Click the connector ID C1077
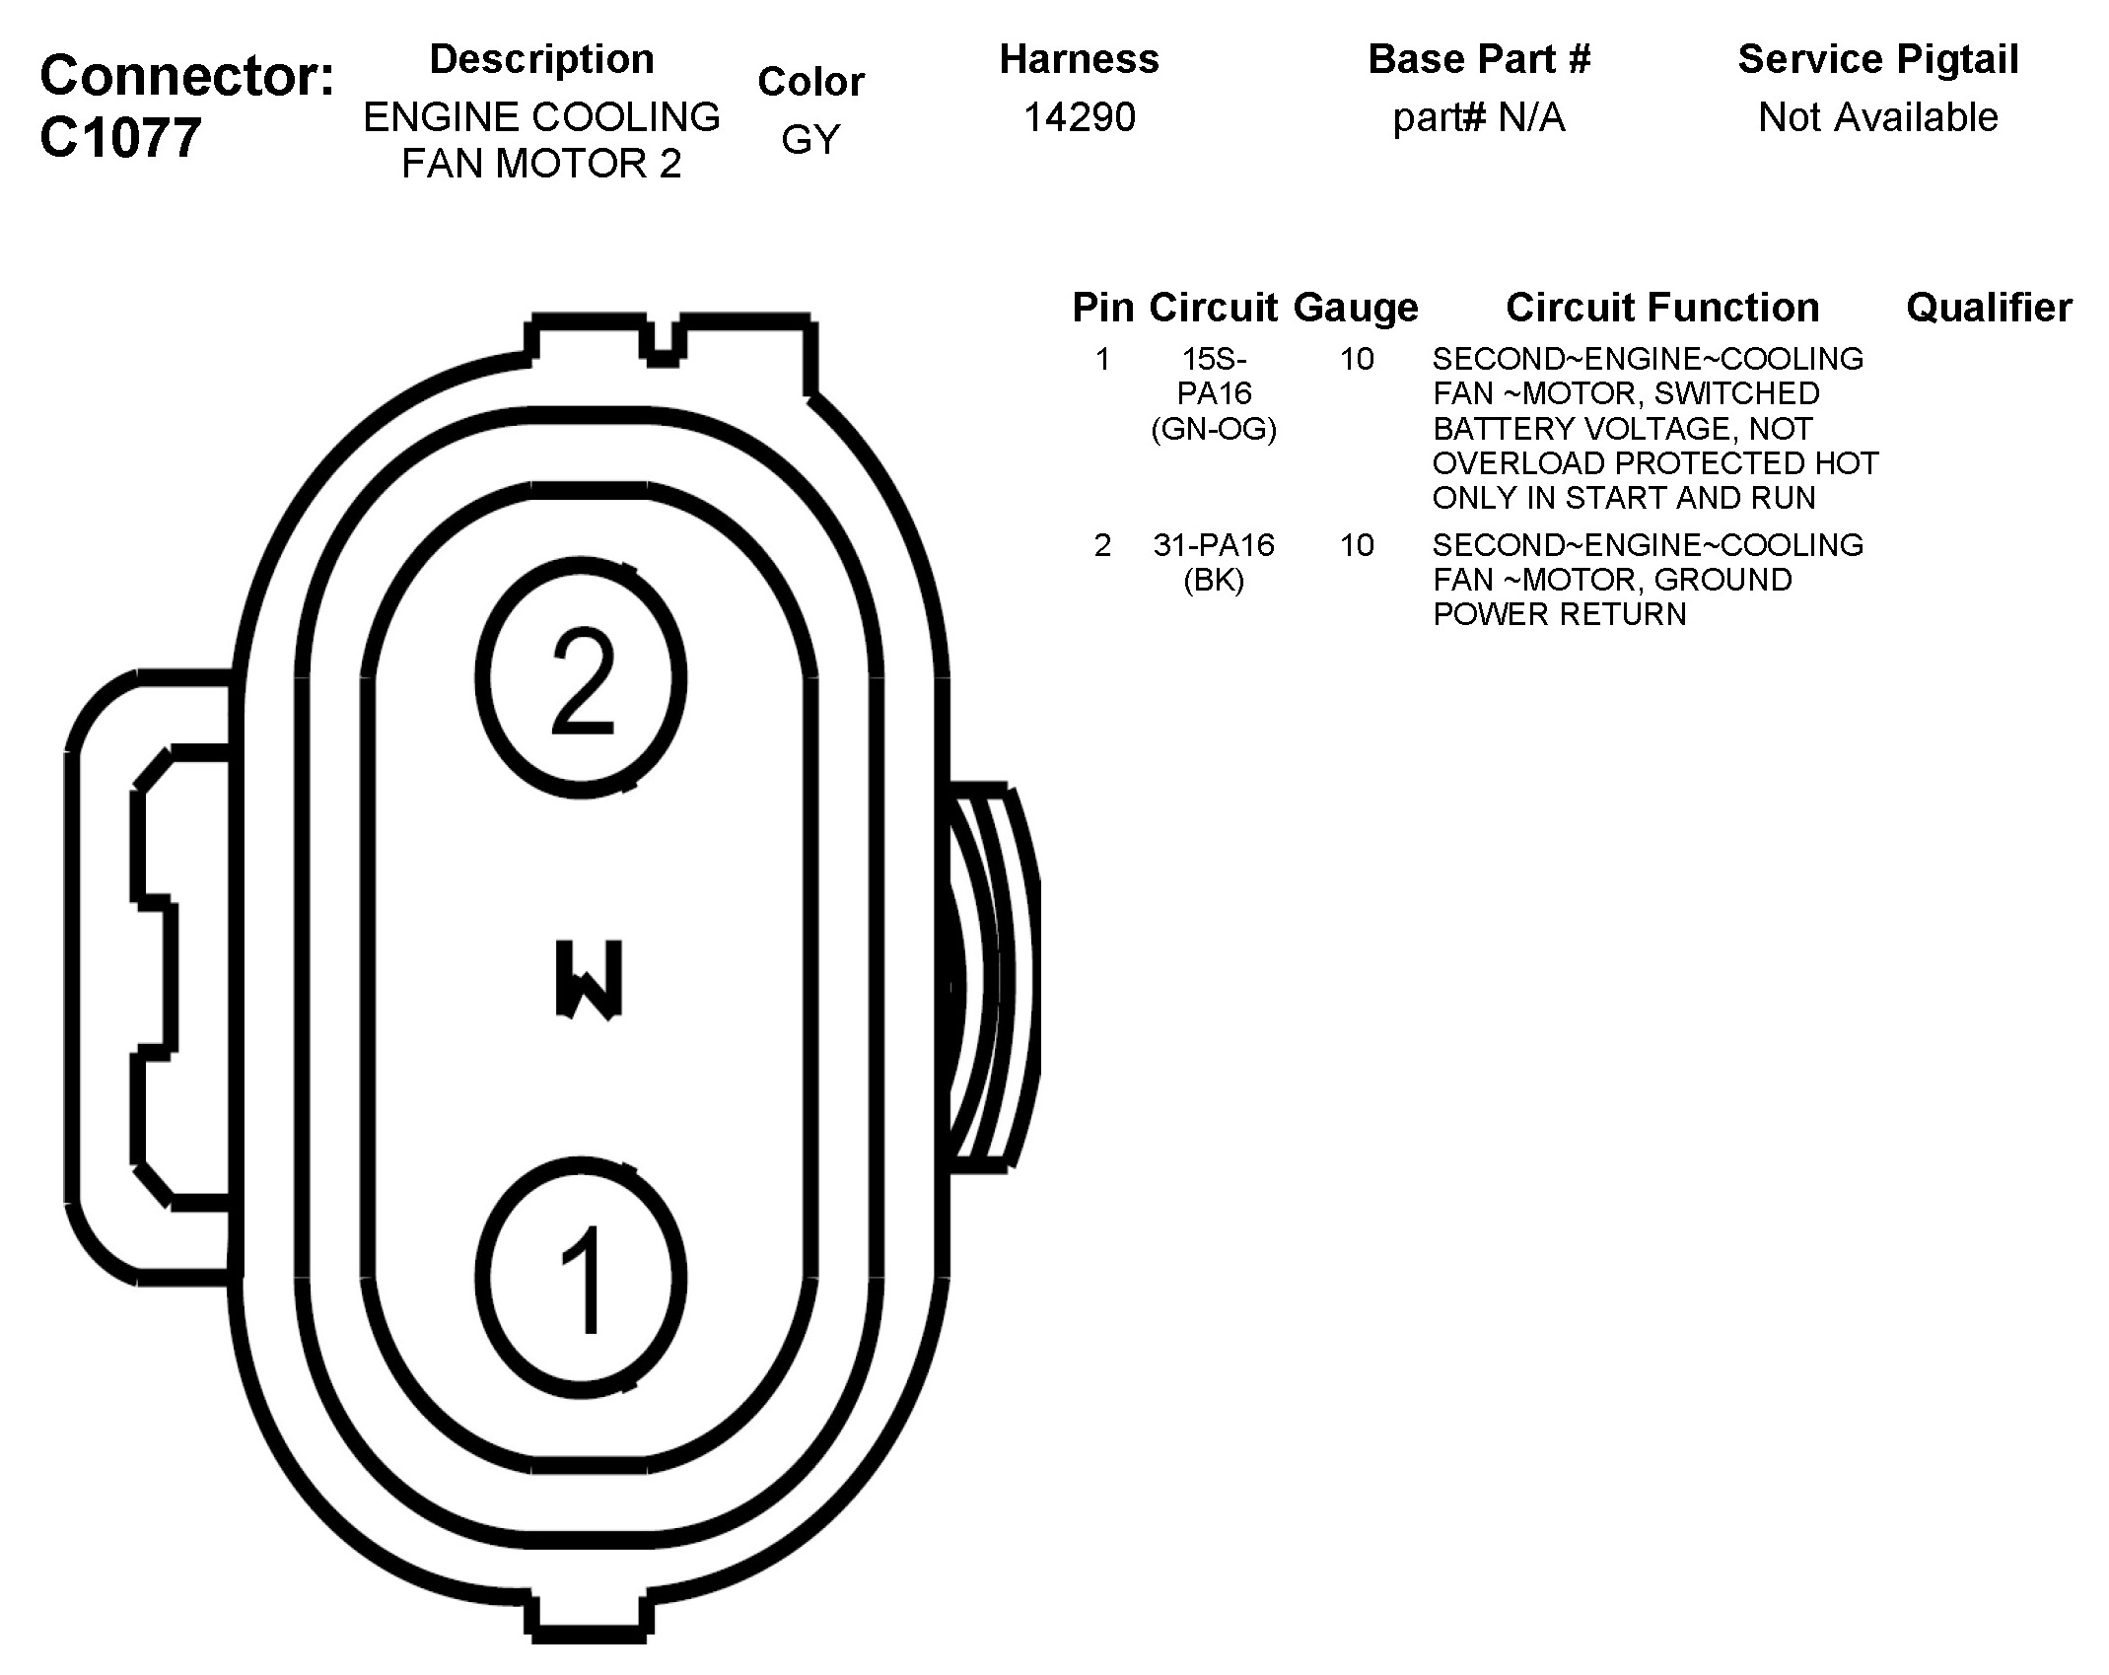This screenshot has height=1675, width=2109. [120, 138]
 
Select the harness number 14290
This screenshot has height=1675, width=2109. [1079, 118]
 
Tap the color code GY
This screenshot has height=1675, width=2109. [810, 140]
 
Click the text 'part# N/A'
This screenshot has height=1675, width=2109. [1478, 118]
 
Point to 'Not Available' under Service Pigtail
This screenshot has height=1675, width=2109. [1877, 118]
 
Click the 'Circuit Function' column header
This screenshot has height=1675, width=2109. [1662, 308]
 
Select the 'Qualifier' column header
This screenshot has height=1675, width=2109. [1989, 308]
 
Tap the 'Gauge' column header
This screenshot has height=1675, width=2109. [1356, 308]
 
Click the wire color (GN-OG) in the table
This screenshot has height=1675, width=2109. [1214, 429]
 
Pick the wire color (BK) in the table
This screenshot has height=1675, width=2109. [1214, 580]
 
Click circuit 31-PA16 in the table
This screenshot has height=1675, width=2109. [1214, 545]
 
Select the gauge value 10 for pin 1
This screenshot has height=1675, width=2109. [1357, 359]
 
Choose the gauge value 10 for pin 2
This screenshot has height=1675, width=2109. [1357, 545]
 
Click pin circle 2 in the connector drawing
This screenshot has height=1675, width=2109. [581, 678]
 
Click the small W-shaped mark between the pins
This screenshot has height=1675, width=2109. [589, 979]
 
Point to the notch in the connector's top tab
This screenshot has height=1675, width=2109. [665, 345]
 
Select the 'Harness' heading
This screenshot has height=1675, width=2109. [1079, 59]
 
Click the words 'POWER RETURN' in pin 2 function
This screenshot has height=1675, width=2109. [1559, 614]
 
